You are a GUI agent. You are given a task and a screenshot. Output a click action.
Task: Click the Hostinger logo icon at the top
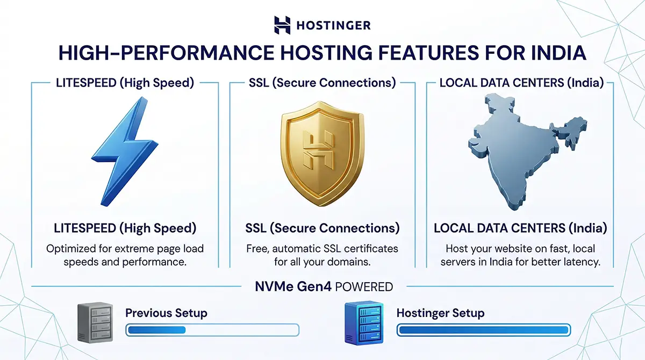click(282, 25)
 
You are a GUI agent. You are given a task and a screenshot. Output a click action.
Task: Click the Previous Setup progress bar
click(212, 329)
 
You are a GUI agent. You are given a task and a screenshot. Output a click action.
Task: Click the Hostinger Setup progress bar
click(483, 329)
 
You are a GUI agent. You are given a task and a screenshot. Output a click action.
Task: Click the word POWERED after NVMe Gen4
click(364, 287)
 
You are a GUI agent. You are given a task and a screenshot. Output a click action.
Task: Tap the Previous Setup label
click(166, 313)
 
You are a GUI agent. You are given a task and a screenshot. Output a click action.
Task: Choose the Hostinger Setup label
click(440, 313)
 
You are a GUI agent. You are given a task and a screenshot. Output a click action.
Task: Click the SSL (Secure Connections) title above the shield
click(322, 83)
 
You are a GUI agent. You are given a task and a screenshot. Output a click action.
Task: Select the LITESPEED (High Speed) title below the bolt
click(125, 228)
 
